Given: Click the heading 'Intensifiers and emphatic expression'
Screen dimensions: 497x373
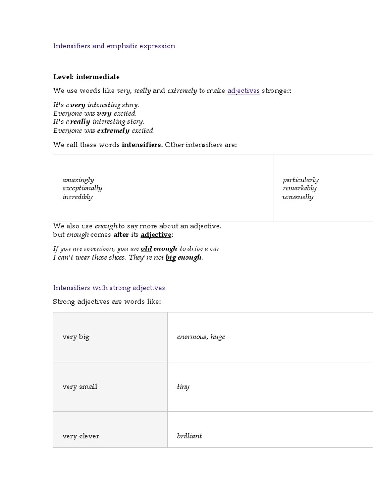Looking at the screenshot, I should click(114, 46).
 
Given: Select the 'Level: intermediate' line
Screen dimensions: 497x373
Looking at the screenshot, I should click(86, 77).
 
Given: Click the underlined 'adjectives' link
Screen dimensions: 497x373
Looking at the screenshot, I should click(243, 91).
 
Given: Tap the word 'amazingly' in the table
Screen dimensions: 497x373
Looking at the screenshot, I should click(78, 180).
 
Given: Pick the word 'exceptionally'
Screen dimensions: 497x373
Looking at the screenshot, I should click(82, 188).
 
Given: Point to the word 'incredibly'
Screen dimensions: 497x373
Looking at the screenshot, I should click(77, 197).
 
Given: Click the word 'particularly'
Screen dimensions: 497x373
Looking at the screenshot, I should click(301, 180).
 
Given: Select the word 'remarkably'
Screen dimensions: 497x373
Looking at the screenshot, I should click(300, 188).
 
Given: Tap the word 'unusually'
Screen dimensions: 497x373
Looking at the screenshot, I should click(298, 197).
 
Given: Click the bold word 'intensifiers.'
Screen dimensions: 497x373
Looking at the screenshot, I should click(142, 145).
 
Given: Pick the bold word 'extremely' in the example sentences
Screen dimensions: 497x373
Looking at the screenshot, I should click(113, 131).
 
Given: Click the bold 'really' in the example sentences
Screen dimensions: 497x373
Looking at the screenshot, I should click(81, 122).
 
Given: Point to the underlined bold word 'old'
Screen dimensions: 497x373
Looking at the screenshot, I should click(146, 249).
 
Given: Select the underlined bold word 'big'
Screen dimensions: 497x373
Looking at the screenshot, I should click(170, 258).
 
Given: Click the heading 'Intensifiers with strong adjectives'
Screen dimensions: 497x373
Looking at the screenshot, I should click(109, 288).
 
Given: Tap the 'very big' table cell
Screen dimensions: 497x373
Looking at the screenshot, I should click(76, 337).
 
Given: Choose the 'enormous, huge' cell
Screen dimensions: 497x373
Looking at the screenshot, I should click(201, 337).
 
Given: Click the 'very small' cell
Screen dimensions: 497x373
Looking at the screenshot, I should click(80, 387).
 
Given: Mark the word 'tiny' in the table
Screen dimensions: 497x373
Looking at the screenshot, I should click(184, 387).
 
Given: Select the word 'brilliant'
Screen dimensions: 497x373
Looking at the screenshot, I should click(189, 436).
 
